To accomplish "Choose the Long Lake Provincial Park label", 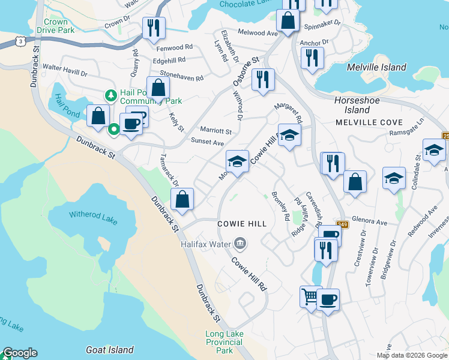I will [x=223, y=342].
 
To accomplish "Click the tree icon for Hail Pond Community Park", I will [x=110, y=95].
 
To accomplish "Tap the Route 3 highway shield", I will [x=21, y=41].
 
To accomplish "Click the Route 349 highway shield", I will [x=342, y=224].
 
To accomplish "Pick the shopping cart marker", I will [x=309, y=296].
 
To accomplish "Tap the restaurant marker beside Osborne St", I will [x=262, y=80].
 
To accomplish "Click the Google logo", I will [x=20, y=353].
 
